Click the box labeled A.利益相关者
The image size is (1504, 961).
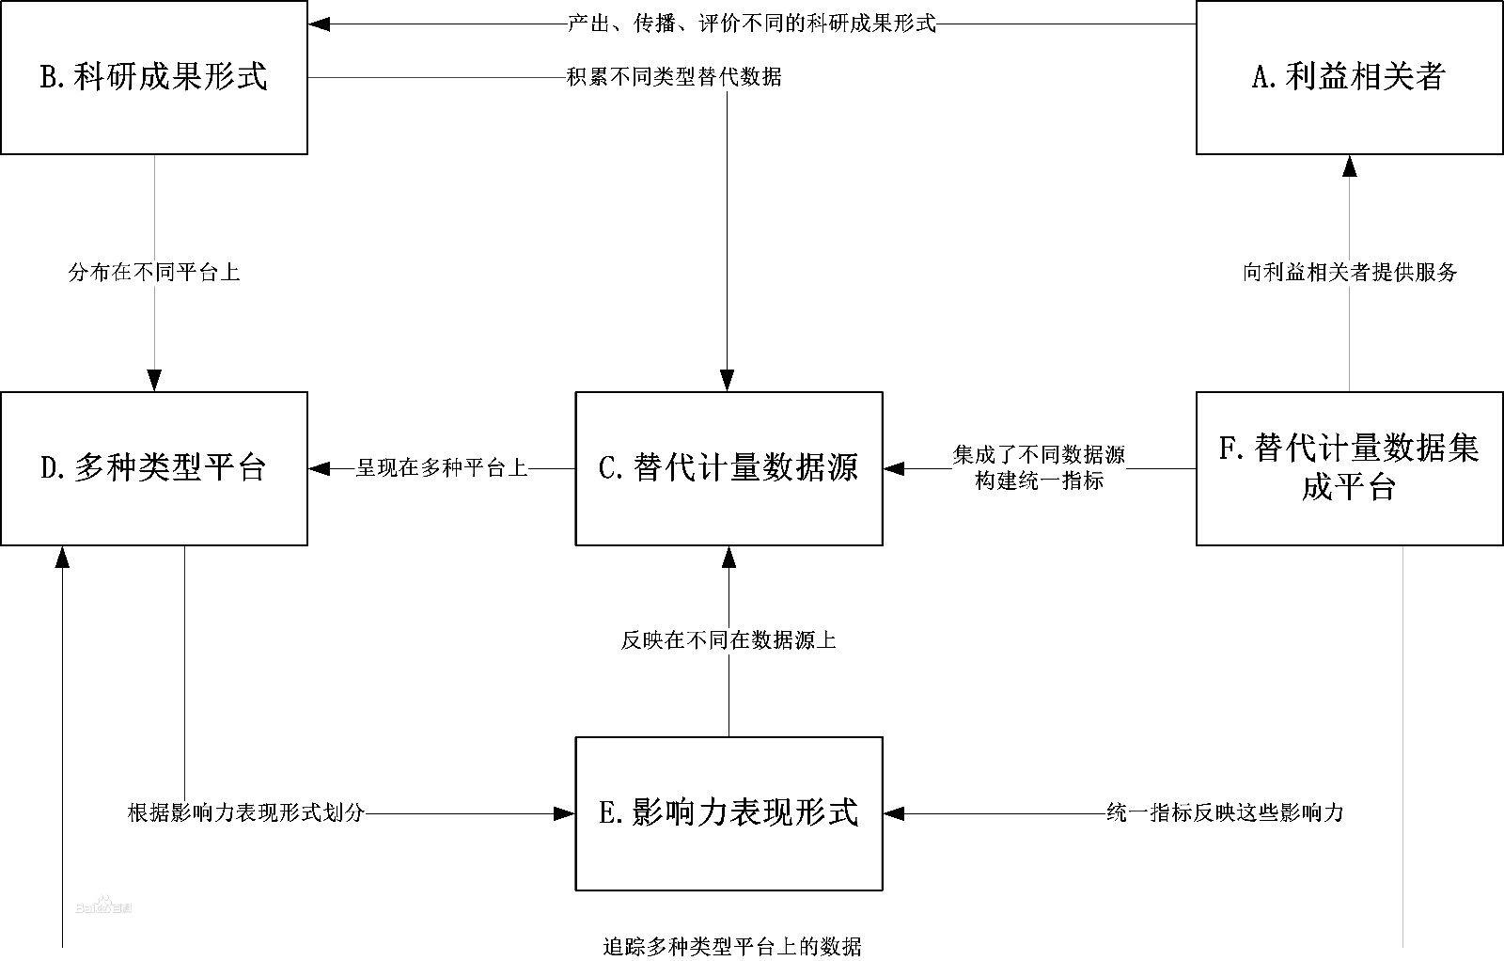[x=1349, y=77]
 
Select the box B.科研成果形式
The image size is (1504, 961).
[x=154, y=77]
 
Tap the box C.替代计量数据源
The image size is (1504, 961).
[x=728, y=468]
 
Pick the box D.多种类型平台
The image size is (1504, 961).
[x=154, y=468]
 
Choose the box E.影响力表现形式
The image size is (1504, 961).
[x=728, y=813]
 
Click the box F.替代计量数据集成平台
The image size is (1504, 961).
[x=1349, y=468]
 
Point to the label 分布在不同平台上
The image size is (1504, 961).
[x=154, y=273]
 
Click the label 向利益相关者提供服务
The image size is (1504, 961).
[x=1350, y=273]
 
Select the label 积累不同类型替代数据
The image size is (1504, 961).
[x=674, y=77]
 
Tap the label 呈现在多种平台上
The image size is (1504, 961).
[x=442, y=467]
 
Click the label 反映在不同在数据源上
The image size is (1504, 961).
[x=728, y=641]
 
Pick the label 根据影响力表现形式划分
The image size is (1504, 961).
[x=245, y=813]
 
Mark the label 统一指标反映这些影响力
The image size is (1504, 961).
[x=1225, y=813]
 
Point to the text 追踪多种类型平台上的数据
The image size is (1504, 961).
[x=732, y=946]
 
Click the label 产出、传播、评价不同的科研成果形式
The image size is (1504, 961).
[x=752, y=24]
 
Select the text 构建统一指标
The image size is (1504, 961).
[x=1039, y=480]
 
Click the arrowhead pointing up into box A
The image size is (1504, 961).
[x=1350, y=166]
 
